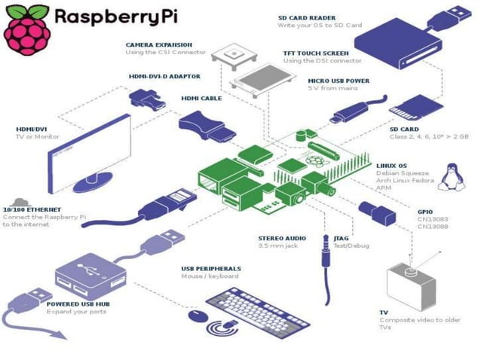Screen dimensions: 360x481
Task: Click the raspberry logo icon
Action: tap(26, 28)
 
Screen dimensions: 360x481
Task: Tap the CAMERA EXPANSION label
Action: tap(158, 44)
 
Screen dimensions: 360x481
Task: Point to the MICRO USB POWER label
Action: tap(339, 80)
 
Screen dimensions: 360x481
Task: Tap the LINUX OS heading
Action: tap(391, 165)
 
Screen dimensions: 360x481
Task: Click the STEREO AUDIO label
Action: tap(283, 238)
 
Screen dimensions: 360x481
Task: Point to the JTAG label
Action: tap(341, 238)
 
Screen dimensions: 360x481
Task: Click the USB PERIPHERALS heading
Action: tap(211, 268)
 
